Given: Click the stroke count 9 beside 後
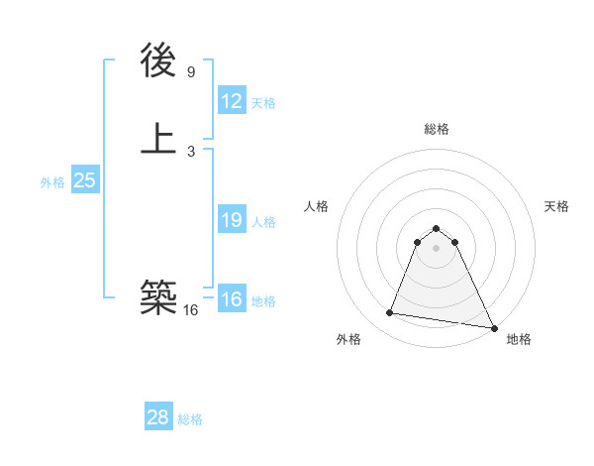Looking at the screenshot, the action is coord(191,72).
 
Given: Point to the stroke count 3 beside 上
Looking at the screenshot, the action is coord(191,151).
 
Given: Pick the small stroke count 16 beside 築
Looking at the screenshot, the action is coord(191,310).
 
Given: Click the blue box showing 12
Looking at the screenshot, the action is coord(232,100).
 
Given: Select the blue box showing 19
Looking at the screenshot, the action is coord(232,220).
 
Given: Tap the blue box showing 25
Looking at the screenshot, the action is coord(84,180).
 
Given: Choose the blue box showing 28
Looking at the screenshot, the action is coord(158,417).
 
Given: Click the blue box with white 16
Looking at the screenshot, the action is coord(232,299).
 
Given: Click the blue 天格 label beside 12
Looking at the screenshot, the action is coord(263,103).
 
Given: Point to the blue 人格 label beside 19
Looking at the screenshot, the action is coord(263,222).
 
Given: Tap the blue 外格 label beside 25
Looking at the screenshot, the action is coord(52,182).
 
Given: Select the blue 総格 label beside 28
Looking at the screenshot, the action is coord(190,419).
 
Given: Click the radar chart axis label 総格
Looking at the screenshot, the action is coord(436,129).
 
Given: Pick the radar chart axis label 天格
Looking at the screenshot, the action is coord(556,206).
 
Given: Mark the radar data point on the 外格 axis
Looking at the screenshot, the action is coord(390,313).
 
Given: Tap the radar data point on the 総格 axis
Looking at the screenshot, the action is coord(436,225).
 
